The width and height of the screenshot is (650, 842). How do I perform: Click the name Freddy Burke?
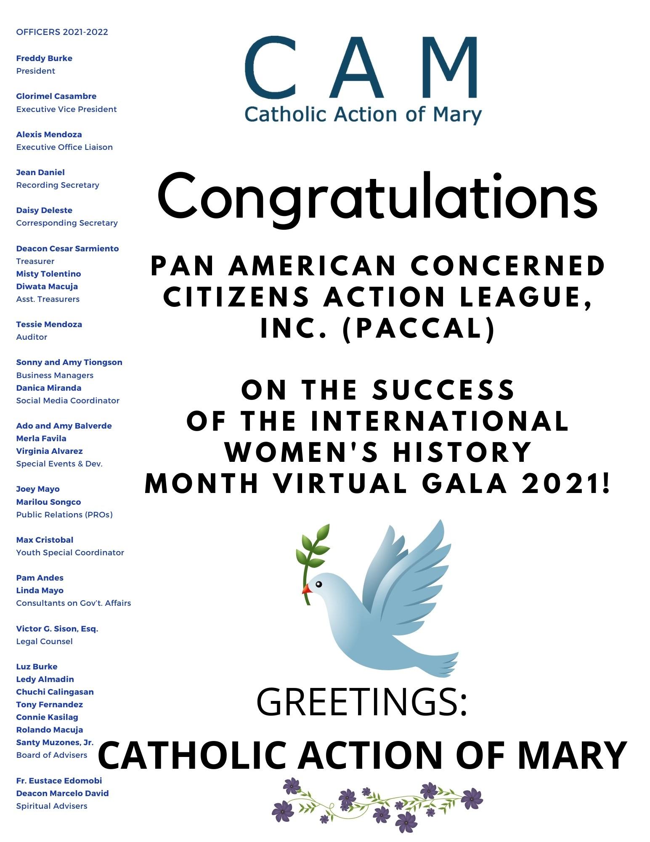point(44,59)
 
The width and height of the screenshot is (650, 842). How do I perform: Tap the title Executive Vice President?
point(66,109)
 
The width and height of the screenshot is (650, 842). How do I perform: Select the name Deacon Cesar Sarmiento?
point(67,249)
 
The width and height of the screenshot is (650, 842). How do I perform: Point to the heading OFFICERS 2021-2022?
point(62,32)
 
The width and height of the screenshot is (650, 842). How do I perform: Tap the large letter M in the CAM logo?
point(446,67)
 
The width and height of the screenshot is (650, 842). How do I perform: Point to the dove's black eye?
point(318,584)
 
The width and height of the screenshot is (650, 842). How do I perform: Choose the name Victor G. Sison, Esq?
point(57,629)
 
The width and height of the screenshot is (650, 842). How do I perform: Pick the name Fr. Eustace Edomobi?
point(59,781)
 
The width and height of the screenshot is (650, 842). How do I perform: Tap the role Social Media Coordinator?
point(68,401)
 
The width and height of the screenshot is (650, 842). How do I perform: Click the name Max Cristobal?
point(45,540)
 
